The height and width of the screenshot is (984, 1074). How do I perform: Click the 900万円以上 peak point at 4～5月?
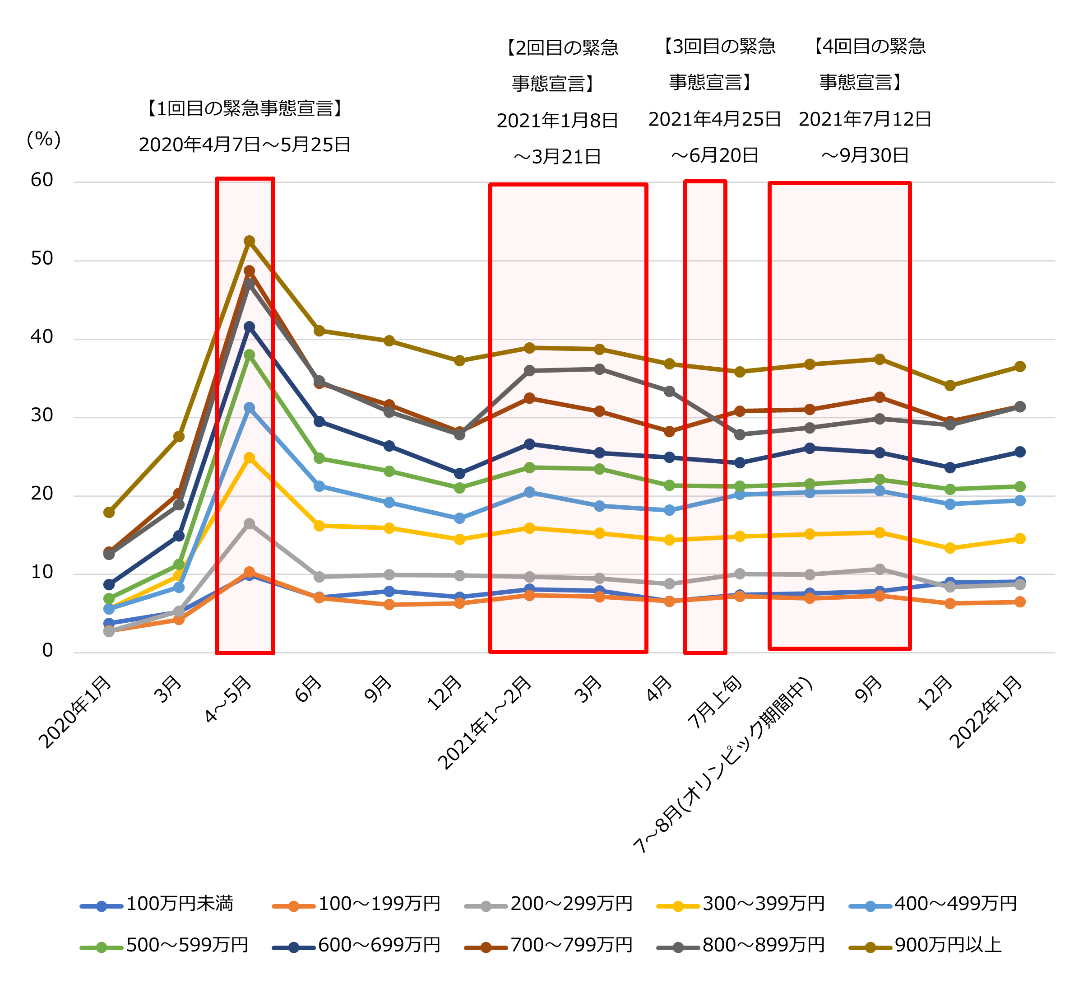(x=249, y=241)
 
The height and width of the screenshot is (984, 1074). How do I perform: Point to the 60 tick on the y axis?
(x=42, y=180)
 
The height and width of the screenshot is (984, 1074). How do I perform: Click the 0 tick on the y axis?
(x=47, y=650)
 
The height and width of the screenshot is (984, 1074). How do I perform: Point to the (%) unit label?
(x=44, y=140)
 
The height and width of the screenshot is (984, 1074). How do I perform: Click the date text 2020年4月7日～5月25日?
(x=245, y=145)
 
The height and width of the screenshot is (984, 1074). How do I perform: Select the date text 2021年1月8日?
(x=557, y=121)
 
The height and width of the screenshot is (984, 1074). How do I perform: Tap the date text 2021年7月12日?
(x=865, y=119)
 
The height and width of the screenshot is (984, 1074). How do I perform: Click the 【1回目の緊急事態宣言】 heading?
(x=245, y=109)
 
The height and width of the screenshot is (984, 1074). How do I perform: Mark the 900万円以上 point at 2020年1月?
(x=109, y=512)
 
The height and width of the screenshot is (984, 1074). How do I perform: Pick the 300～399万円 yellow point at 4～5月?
(x=249, y=458)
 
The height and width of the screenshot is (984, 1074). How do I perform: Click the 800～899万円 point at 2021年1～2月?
(x=529, y=370)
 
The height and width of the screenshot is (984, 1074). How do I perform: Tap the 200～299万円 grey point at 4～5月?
(x=249, y=524)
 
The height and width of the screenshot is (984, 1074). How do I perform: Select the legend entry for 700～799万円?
(x=570, y=945)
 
